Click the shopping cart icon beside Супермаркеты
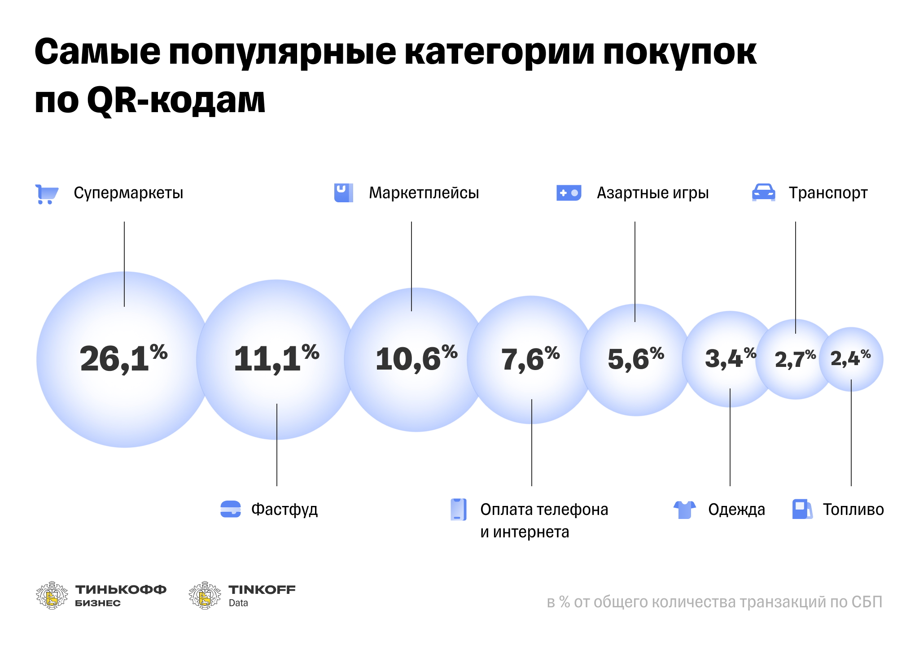47,194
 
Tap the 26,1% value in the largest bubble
123,359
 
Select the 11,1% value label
276,359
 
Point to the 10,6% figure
416,359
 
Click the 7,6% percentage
530,359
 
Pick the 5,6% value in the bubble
635,359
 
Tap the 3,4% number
730,358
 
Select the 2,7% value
795,359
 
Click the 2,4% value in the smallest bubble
850,358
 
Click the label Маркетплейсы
424,193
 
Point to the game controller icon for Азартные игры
569,193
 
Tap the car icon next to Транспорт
763,192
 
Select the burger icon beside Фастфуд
231,509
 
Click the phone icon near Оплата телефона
458,510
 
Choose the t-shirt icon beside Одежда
684,510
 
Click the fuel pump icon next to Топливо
802,509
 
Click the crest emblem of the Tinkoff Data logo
205,595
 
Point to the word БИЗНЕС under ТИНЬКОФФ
98,603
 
